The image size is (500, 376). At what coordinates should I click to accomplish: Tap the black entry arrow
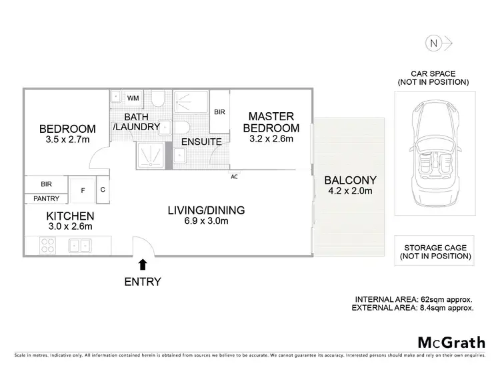[x=143, y=266]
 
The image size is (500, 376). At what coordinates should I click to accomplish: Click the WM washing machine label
[x=133, y=98]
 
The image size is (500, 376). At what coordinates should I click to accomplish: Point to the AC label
[x=234, y=176]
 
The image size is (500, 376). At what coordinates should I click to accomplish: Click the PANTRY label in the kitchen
[x=46, y=198]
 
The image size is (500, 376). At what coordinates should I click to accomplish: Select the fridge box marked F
[x=82, y=190]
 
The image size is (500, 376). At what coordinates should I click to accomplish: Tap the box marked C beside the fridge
[x=103, y=189]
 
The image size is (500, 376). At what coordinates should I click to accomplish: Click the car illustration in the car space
[x=433, y=154]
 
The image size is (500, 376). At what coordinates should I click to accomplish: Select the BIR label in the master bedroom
[x=219, y=112]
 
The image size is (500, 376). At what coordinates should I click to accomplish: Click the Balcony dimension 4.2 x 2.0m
[x=351, y=192]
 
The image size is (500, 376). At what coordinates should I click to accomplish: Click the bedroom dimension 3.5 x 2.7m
[x=67, y=139]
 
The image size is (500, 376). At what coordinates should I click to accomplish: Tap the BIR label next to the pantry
[x=46, y=183]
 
